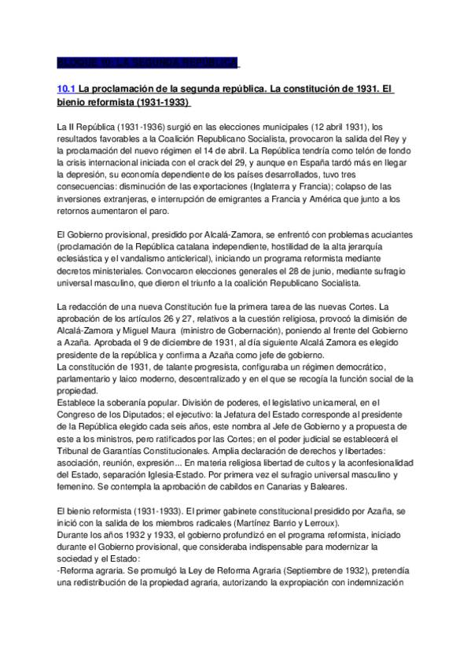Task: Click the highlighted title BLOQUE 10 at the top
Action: [x=148, y=63]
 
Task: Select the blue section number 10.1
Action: [x=67, y=90]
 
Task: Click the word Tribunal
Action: [x=76, y=449]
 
